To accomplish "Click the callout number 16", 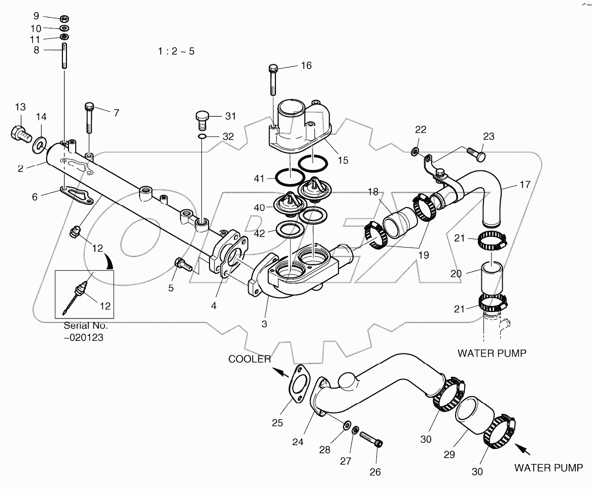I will [306, 65].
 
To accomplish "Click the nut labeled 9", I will [64, 19].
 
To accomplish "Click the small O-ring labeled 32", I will [202, 136].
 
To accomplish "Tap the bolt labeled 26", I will [370, 439].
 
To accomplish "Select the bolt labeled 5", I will [181, 264].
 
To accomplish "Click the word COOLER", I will [250, 359].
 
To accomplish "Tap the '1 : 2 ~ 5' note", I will [176, 51].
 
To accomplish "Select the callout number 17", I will [525, 185].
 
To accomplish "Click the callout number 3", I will [264, 323].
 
